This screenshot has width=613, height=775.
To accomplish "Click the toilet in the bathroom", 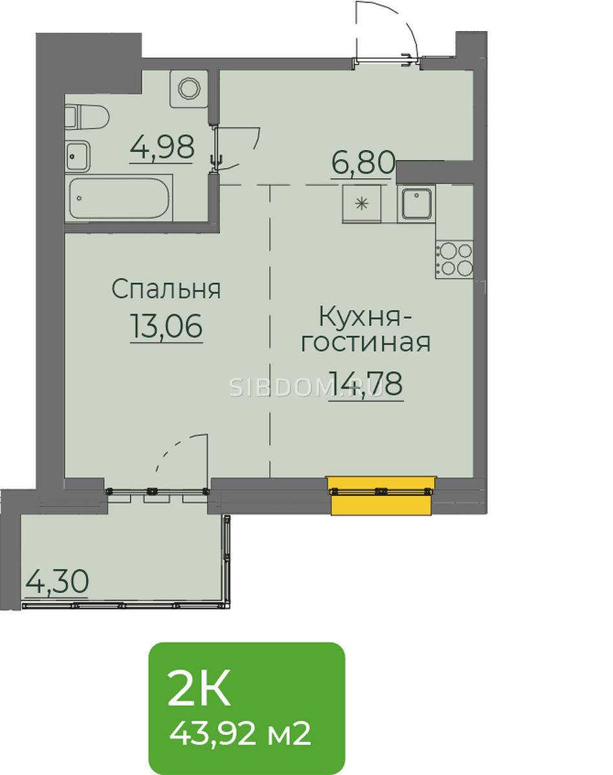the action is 87,118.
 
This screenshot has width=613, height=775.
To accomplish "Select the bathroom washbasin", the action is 78,156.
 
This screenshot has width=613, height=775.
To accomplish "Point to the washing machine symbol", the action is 189,88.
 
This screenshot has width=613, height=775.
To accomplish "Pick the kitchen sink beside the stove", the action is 416,204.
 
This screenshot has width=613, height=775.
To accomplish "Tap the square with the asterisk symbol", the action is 361,204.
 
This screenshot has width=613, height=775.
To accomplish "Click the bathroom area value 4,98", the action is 162,147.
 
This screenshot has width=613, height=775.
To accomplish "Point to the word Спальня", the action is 166,289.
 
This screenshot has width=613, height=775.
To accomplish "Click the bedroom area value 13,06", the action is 167,326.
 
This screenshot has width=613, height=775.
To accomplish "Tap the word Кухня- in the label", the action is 365,317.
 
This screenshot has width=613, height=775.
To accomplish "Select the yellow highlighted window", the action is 381,495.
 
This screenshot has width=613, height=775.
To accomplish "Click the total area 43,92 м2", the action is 240,734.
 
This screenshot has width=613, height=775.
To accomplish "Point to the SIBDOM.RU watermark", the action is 306,387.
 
